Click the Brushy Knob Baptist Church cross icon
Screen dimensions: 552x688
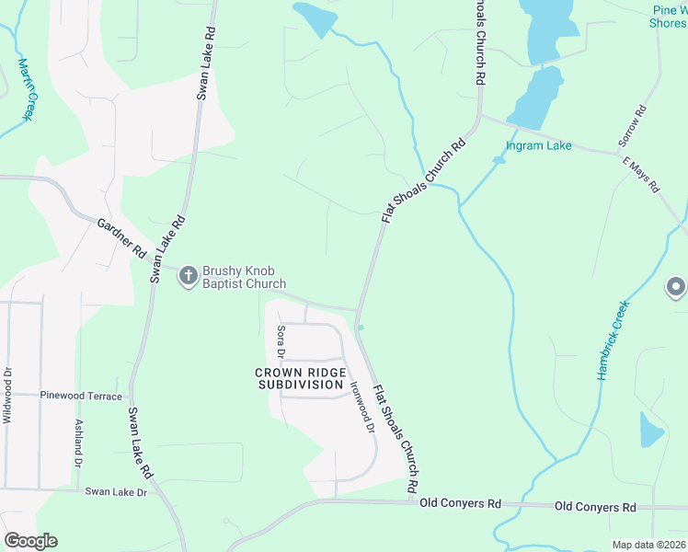click(188, 275)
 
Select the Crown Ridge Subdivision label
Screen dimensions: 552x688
click(299, 378)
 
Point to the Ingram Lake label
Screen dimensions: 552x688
click(538, 145)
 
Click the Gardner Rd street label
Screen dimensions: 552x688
click(121, 238)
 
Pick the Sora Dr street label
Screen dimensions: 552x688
click(281, 341)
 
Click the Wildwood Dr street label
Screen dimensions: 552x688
click(7, 396)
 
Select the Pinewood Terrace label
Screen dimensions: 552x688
click(81, 396)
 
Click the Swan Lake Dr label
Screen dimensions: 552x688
click(116, 492)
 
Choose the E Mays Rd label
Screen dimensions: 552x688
click(641, 175)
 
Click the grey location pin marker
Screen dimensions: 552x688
click(676, 287)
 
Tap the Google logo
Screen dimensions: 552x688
click(30, 541)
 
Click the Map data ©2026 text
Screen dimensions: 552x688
click(648, 545)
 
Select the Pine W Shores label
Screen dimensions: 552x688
click(669, 17)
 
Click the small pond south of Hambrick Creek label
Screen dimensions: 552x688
click(651, 430)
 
